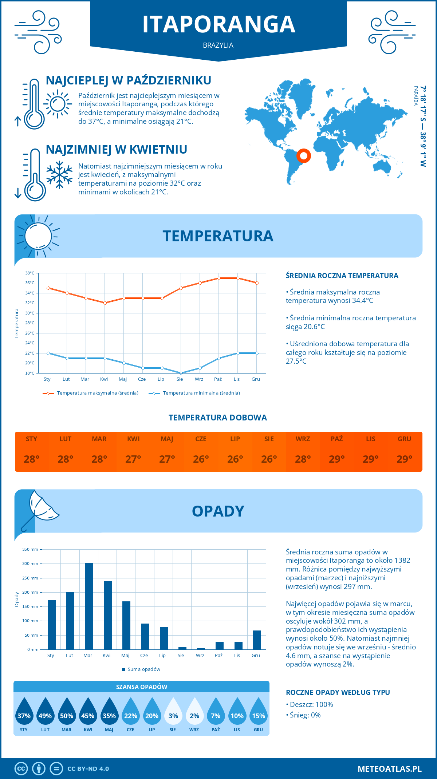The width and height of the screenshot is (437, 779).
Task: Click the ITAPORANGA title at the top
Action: pos(219,24)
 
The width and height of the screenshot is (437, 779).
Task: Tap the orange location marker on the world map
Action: pos(303,156)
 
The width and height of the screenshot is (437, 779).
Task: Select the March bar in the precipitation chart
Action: pos(89,606)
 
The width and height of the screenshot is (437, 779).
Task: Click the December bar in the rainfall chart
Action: pos(257,640)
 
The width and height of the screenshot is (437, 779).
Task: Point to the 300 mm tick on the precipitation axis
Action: pos(31,564)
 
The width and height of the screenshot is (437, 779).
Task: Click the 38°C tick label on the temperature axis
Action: pos(30,273)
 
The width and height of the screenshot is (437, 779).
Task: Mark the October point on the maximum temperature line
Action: pos(219,278)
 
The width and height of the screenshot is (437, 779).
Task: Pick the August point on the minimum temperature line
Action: pos(181,373)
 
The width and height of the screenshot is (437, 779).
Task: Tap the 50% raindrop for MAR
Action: pos(67,712)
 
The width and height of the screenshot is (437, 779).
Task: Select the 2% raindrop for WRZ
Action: pos(194,712)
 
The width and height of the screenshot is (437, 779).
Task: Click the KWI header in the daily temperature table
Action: pos(133,439)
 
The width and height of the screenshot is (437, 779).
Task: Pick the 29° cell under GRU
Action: pos(404,459)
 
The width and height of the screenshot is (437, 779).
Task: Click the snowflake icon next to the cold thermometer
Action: pos(59,175)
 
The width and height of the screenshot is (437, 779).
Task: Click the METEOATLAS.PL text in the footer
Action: pos(390,769)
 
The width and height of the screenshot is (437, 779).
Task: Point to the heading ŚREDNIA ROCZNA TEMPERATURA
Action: pos(342,276)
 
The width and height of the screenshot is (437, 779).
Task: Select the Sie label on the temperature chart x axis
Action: pos(180,379)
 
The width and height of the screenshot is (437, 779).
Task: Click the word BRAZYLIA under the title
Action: pos(218,45)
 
